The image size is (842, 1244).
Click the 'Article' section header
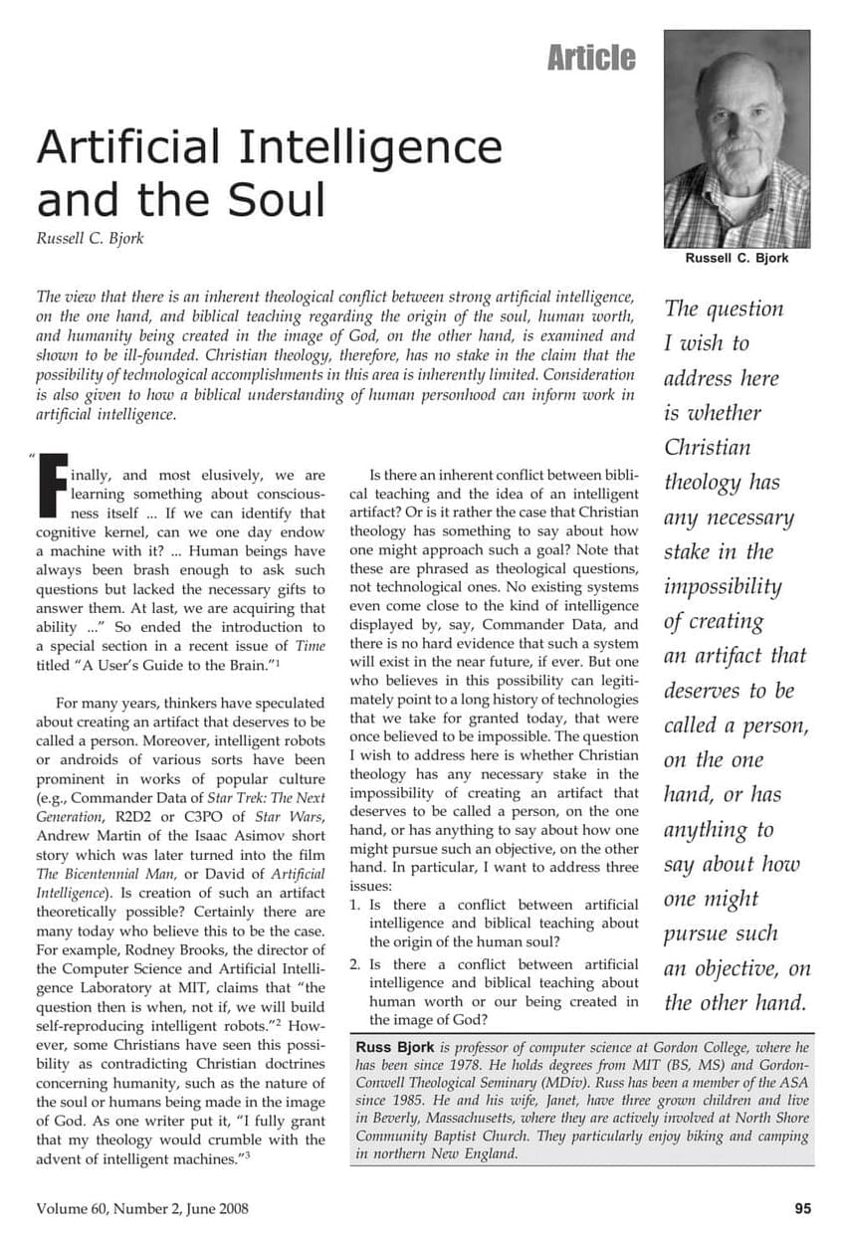(x=591, y=58)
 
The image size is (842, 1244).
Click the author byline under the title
(x=90, y=239)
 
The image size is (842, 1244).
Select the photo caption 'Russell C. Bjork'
(x=737, y=258)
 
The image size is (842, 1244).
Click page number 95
(x=803, y=1209)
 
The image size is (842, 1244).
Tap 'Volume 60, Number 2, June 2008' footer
(x=142, y=1209)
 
